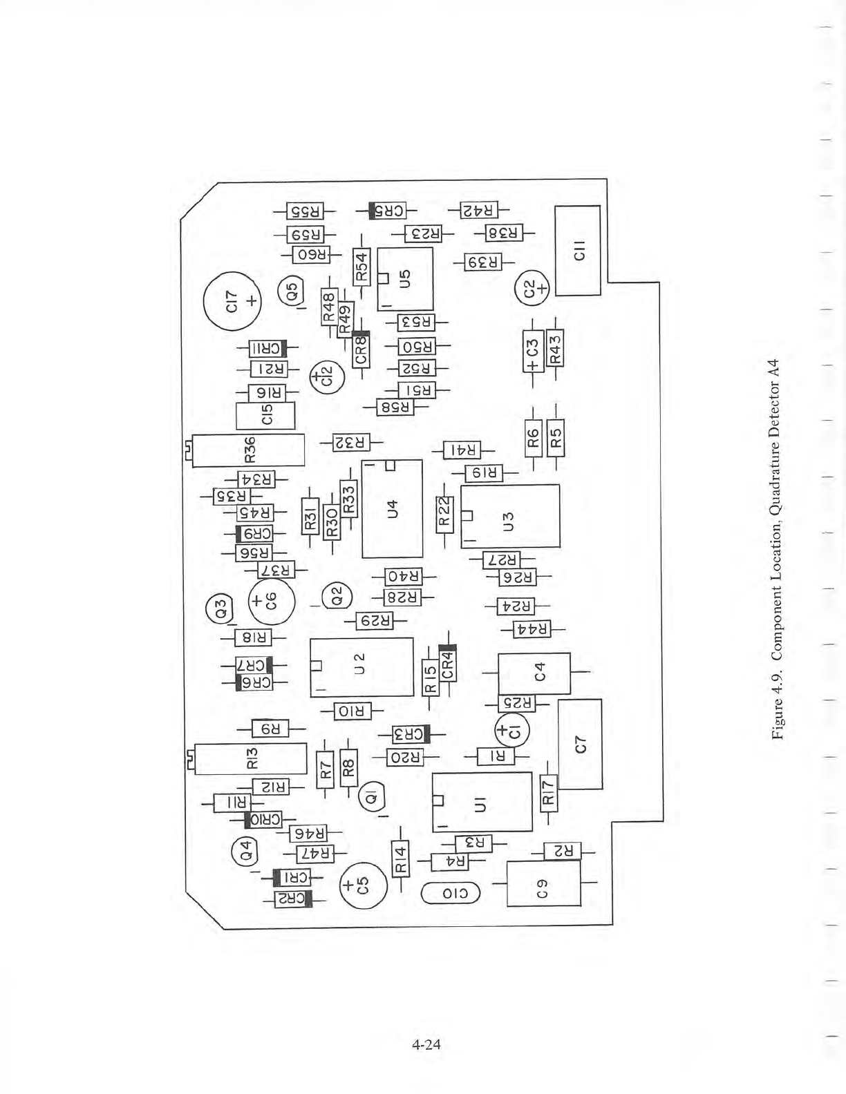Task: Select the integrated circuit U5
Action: [x=405, y=278]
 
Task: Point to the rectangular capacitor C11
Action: [x=578, y=250]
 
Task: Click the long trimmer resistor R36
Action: [x=248, y=450]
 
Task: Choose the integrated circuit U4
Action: [x=392, y=508]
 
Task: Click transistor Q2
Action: [x=337, y=595]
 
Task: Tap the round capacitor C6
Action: [x=271, y=601]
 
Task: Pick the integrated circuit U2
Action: [x=361, y=667]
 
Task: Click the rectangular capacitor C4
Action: [x=534, y=673]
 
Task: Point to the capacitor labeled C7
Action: [x=580, y=744]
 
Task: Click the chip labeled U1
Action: [x=482, y=802]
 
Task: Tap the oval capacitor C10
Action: [x=450, y=894]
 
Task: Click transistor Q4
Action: [x=245, y=849]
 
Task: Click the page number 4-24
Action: [x=426, y=1044]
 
